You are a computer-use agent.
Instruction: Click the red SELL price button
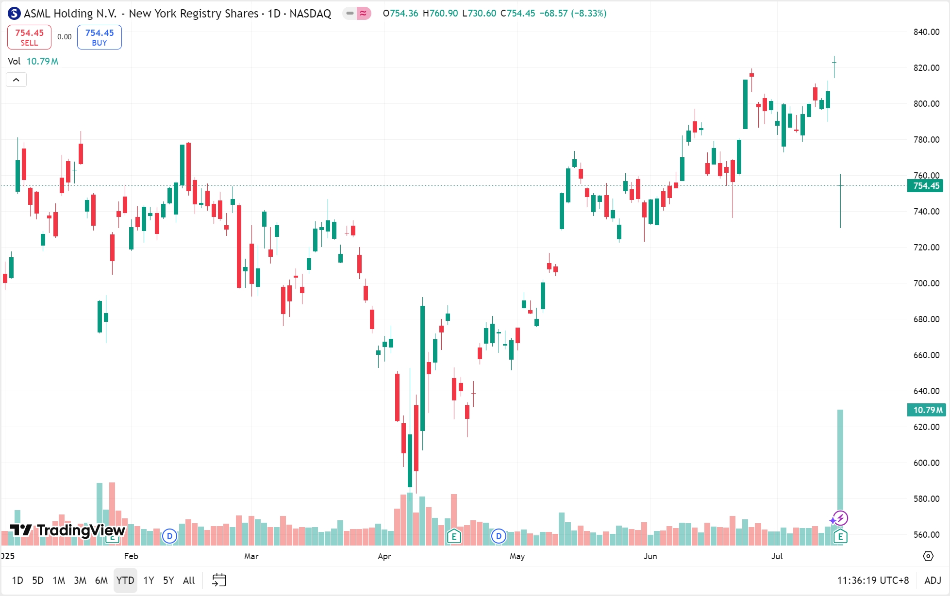29,37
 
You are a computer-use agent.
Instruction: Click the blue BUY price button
99,37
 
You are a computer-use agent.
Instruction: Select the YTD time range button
125,580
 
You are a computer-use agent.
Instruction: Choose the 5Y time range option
168,580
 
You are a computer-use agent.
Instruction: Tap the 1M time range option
59,580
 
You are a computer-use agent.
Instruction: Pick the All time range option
189,580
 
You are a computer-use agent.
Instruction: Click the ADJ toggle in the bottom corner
933,580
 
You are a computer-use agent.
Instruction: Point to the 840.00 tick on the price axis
926,32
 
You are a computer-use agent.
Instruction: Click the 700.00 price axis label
926,283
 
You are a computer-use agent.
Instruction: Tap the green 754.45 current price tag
925,186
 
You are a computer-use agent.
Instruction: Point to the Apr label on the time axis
384,556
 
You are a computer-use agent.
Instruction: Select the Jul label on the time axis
777,556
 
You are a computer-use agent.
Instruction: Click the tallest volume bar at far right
840,461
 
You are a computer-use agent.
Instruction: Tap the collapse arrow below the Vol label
16,80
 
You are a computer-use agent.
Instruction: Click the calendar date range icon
219,580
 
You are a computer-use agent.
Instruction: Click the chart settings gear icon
928,556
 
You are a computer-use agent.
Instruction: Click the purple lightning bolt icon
840,518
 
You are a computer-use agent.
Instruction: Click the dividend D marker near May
499,536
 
